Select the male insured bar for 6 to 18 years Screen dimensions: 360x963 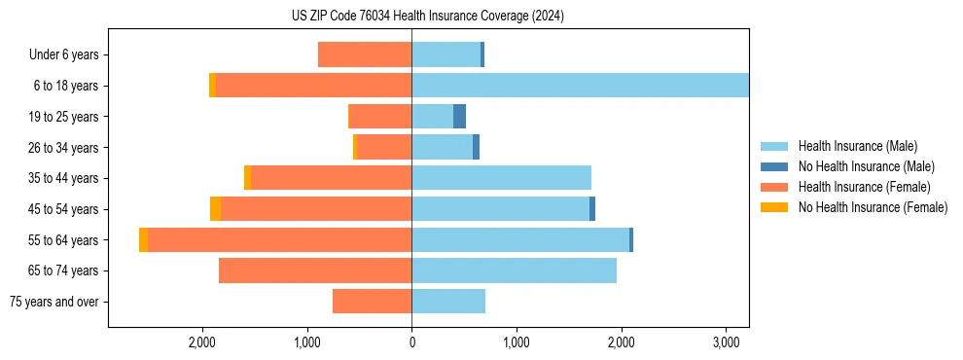tap(580, 86)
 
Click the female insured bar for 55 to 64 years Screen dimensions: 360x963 tap(279, 240)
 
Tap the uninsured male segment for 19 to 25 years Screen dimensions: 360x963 tap(459, 117)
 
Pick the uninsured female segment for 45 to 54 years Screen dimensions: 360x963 tap(215, 209)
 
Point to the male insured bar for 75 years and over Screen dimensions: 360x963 tap(448, 302)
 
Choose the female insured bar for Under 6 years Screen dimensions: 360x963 tap(365, 55)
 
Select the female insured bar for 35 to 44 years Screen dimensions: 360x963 tap(331, 178)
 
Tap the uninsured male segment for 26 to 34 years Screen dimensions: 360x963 tap(476, 148)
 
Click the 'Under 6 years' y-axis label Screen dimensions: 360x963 tap(63, 55)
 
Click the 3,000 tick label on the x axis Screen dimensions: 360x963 tap(726, 343)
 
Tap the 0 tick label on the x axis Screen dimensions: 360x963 tap(411, 343)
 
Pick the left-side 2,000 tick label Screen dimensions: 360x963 tap(202, 343)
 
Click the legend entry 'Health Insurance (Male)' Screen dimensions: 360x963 tap(857, 146)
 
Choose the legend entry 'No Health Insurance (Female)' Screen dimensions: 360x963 tap(873, 207)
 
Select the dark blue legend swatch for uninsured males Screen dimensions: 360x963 tap(774, 166)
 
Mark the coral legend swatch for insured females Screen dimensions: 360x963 tap(774, 187)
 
